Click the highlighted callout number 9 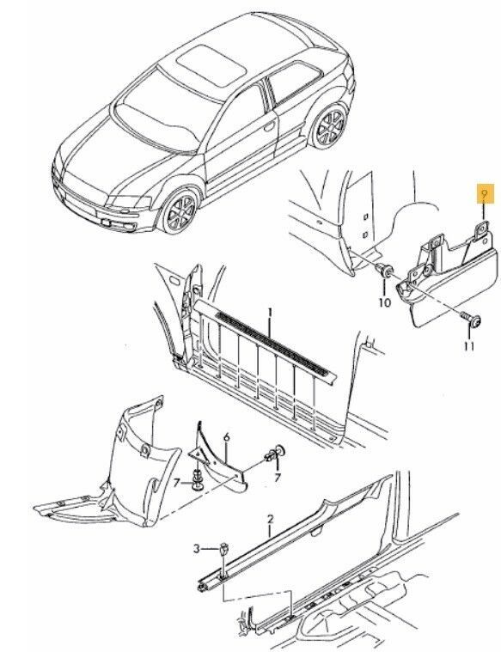click(484, 194)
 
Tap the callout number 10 click(385, 302)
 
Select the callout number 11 click(469, 346)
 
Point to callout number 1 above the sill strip click(270, 313)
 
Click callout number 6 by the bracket click(226, 437)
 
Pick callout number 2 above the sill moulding click(271, 520)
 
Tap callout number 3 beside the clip click(197, 549)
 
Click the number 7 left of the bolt click(177, 483)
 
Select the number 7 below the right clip click(277, 478)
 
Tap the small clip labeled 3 click(224, 550)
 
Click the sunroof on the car click(211, 64)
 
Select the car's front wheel click(180, 212)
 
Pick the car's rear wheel click(330, 126)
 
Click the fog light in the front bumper click(128, 227)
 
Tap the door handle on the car click(271, 125)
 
